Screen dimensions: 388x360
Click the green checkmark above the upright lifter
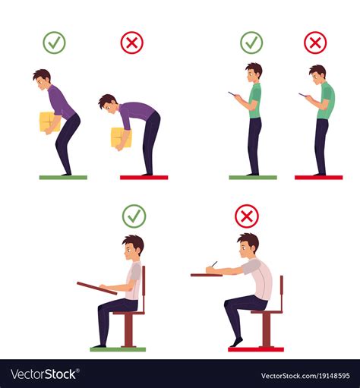tap(54, 43)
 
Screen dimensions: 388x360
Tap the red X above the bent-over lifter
tap(131, 43)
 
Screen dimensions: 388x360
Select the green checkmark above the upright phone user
tap(251, 43)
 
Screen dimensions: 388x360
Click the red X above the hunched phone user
tap(315, 43)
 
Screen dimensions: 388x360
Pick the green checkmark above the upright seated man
tap(134, 216)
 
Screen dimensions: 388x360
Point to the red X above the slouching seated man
tap(246, 216)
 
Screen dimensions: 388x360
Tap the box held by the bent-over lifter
tap(120, 137)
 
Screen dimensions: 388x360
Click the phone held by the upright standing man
tap(233, 95)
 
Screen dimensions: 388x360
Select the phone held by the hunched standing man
tap(302, 95)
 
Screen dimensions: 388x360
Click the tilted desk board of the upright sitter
tap(96, 288)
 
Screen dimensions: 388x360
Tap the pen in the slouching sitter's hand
tap(213, 265)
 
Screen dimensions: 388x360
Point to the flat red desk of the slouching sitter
tap(206, 274)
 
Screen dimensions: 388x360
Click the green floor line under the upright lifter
tap(63, 177)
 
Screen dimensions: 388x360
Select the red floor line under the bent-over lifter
tap(144, 177)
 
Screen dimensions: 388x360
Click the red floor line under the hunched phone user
tap(318, 177)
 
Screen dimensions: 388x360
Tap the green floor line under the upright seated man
tap(118, 349)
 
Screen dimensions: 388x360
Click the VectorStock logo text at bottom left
tap(44, 374)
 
